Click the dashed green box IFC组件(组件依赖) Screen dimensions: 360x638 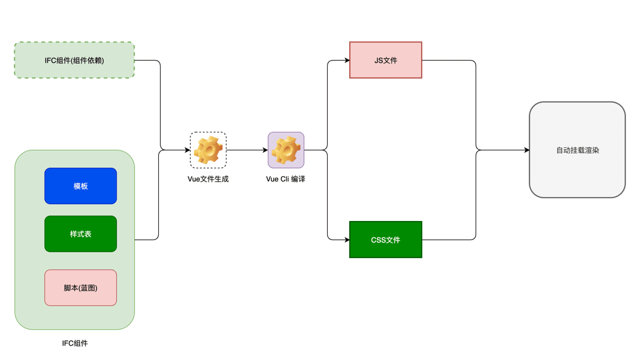pyautogui.click(x=74, y=60)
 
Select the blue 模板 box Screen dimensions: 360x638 pyautogui.click(x=80, y=186)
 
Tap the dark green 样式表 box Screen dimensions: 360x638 pyautogui.click(x=80, y=234)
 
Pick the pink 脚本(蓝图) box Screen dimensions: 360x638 pyautogui.click(x=80, y=288)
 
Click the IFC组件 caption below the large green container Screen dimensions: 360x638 pyautogui.click(x=75, y=343)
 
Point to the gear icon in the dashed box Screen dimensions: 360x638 pyautogui.click(x=208, y=150)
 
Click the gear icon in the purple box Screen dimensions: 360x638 pyautogui.click(x=286, y=150)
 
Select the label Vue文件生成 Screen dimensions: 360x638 pyautogui.click(x=208, y=179)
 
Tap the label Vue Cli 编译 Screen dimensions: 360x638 pyautogui.click(x=286, y=179)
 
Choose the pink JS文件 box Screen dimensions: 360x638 pyautogui.click(x=386, y=60)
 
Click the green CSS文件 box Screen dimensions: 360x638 pyautogui.click(x=386, y=240)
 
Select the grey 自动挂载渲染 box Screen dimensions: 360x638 pyautogui.click(x=577, y=150)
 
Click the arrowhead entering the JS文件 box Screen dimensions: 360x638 pyautogui.click(x=346, y=60)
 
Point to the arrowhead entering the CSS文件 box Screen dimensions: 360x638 pyautogui.click(x=346, y=240)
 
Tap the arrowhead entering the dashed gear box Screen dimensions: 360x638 pyautogui.click(x=186, y=150)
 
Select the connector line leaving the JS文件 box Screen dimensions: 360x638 pyautogui.click(x=449, y=60)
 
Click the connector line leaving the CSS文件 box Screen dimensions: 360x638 pyautogui.click(x=449, y=240)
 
